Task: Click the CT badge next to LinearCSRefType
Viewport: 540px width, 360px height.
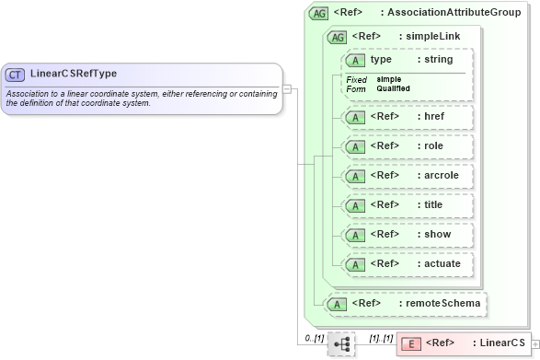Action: click(x=16, y=74)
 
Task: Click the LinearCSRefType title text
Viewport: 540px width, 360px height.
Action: click(x=73, y=74)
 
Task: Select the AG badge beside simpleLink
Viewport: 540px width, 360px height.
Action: click(x=338, y=37)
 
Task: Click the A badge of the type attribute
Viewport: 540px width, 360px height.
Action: click(x=354, y=60)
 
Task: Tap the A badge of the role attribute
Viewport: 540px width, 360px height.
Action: click(x=354, y=146)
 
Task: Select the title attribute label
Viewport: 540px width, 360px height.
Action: click(x=431, y=204)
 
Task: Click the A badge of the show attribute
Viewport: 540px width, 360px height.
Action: click(x=354, y=234)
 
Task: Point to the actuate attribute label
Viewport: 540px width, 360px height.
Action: click(x=438, y=263)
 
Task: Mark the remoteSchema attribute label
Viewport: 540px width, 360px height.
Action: click(x=439, y=303)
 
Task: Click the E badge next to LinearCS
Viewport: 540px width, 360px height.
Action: click(x=413, y=343)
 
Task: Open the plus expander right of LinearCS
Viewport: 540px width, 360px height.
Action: click(x=535, y=344)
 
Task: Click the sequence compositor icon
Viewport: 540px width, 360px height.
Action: click(x=341, y=343)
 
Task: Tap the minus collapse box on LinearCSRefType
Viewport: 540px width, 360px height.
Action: click(x=287, y=89)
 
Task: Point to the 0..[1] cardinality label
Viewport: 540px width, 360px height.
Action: click(x=314, y=338)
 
